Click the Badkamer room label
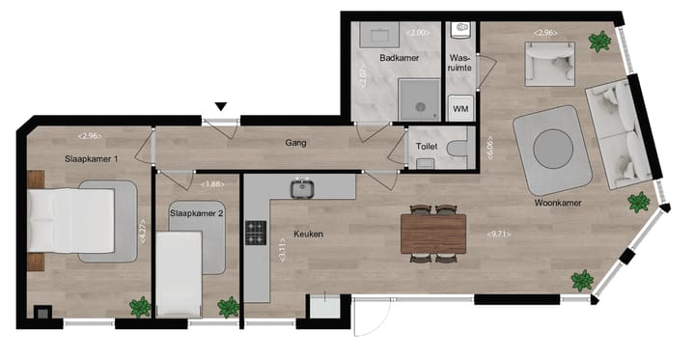(x=398, y=58)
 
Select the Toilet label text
(x=426, y=148)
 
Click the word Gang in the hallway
(x=295, y=143)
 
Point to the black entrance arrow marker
(x=222, y=106)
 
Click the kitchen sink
(x=302, y=186)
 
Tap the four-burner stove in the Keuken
(x=256, y=233)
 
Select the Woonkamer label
(x=558, y=204)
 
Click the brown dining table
(x=433, y=233)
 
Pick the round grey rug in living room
(x=552, y=148)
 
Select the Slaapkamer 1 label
(x=91, y=158)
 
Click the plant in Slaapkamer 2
(x=228, y=307)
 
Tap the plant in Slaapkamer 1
(x=141, y=307)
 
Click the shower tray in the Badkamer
(x=418, y=99)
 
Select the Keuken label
(x=308, y=234)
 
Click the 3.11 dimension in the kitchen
(x=281, y=253)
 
